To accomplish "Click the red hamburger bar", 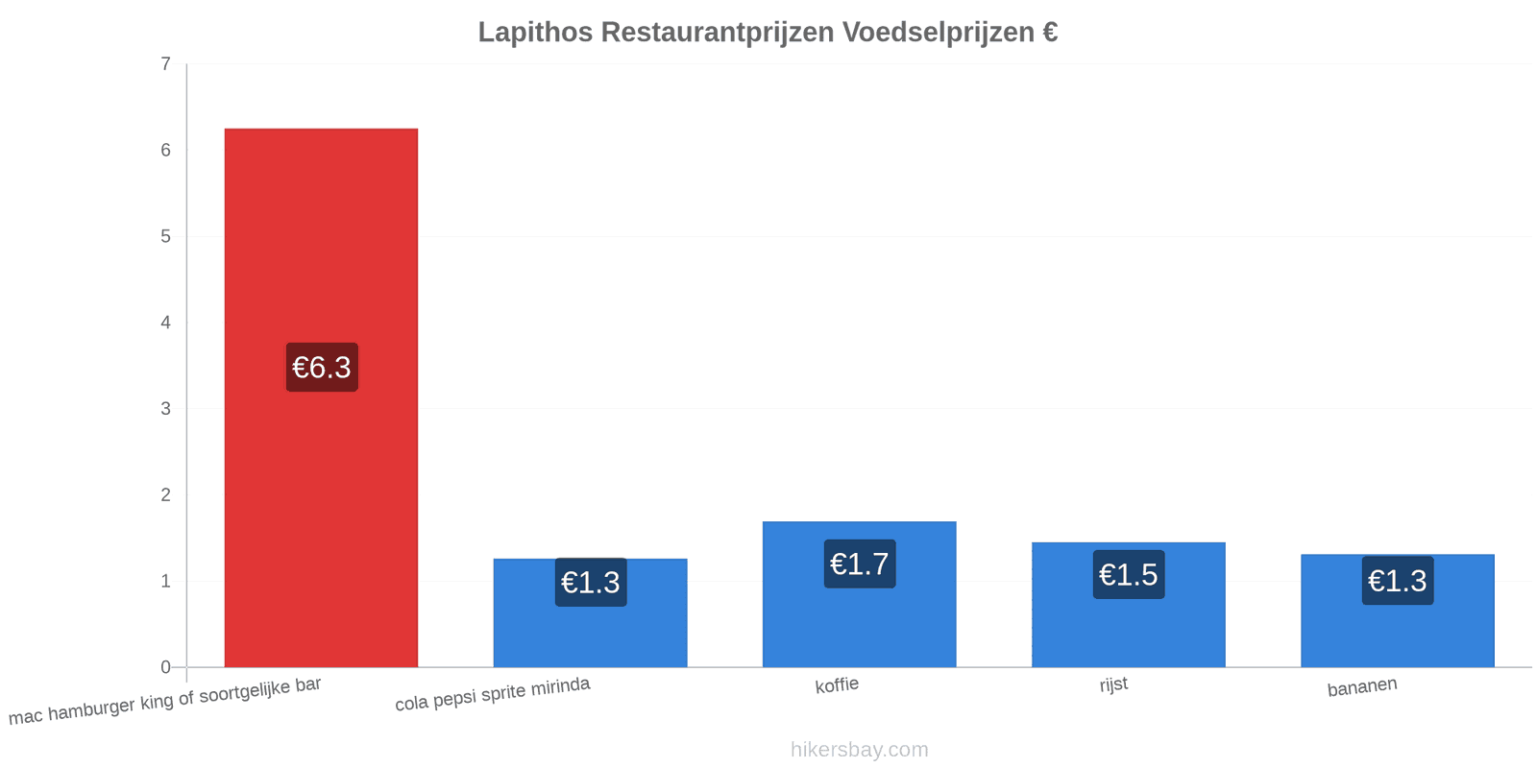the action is [x=321, y=397].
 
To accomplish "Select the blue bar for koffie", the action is [x=859, y=594].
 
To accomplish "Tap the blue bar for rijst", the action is [x=1128, y=604].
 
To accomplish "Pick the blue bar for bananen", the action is [x=1397, y=611].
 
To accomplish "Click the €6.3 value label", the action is [x=322, y=367].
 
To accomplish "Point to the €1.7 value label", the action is [x=860, y=564].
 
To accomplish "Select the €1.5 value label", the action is [x=1129, y=574].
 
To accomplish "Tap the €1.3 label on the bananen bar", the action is [x=1398, y=580].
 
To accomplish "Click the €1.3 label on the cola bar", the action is [x=591, y=582].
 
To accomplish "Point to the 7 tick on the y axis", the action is [x=165, y=63].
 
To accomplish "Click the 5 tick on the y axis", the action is [x=165, y=236].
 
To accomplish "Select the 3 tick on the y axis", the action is [x=165, y=409].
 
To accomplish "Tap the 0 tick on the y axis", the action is [x=165, y=667].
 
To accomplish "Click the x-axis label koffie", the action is [x=837, y=685].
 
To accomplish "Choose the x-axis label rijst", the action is [x=1113, y=684].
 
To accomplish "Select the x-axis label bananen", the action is [x=1362, y=686].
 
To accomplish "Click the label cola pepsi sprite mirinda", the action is [x=492, y=693].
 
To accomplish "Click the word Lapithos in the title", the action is [x=535, y=33].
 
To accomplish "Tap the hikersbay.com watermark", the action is [x=859, y=749].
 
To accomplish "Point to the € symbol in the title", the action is [x=1050, y=32].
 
